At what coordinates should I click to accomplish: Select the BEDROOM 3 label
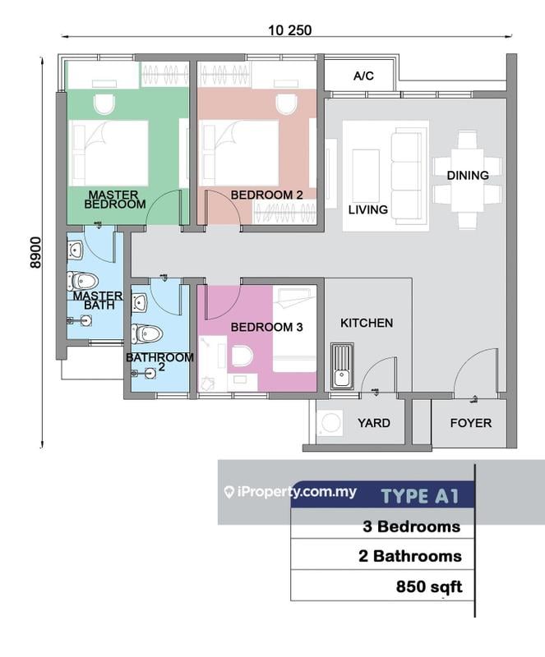(x=266, y=327)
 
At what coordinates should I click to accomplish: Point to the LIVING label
(x=367, y=209)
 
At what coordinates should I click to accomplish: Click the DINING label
(x=468, y=175)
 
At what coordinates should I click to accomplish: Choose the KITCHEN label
(x=367, y=323)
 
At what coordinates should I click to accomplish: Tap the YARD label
(x=374, y=423)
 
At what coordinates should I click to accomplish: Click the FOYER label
(x=471, y=423)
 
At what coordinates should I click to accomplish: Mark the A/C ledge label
(x=363, y=76)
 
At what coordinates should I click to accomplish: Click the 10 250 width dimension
(x=289, y=30)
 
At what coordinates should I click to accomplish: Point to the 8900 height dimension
(x=34, y=253)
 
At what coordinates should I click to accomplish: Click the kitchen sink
(x=342, y=367)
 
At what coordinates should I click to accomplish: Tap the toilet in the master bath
(x=82, y=281)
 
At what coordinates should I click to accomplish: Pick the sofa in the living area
(x=404, y=174)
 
